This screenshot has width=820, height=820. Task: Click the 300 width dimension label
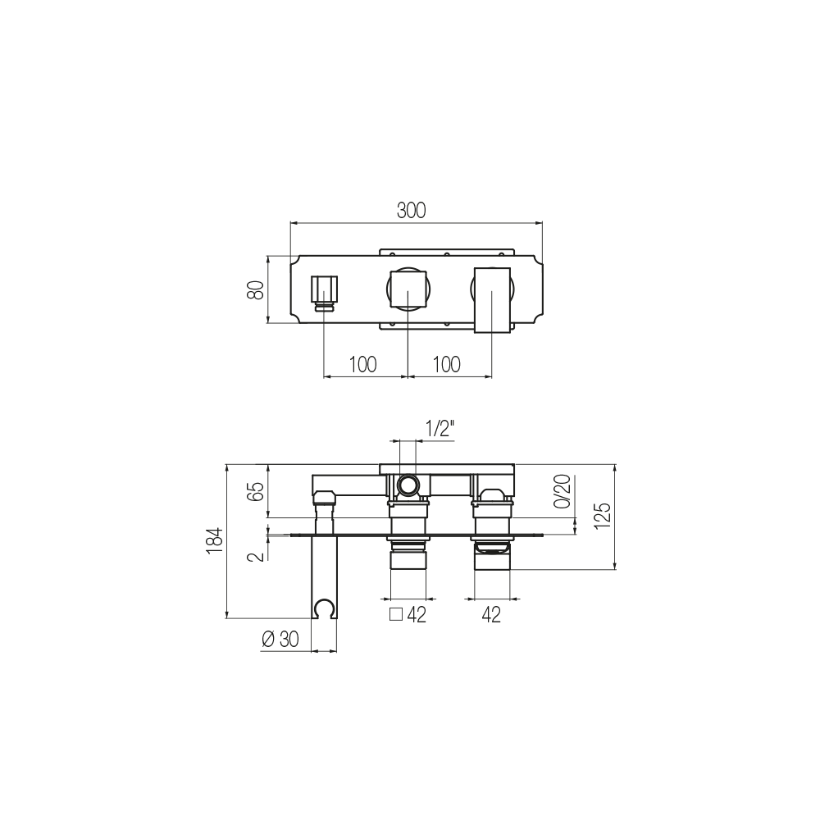[x=411, y=210]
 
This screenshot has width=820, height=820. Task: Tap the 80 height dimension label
[x=256, y=289]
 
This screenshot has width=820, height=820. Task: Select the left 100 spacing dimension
[x=362, y=365]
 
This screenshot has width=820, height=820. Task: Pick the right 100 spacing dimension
[x=447, y=365]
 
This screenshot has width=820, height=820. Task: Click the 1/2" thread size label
[x=440, y=429]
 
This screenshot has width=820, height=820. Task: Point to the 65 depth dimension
[x=256, y=491]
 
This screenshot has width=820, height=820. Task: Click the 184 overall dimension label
[x=215, y=540]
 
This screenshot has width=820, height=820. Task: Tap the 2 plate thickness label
[x=256, y=556]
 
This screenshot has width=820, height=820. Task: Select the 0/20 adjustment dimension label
[x=563, y=491]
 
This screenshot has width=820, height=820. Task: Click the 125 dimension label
[x=603, y=515]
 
